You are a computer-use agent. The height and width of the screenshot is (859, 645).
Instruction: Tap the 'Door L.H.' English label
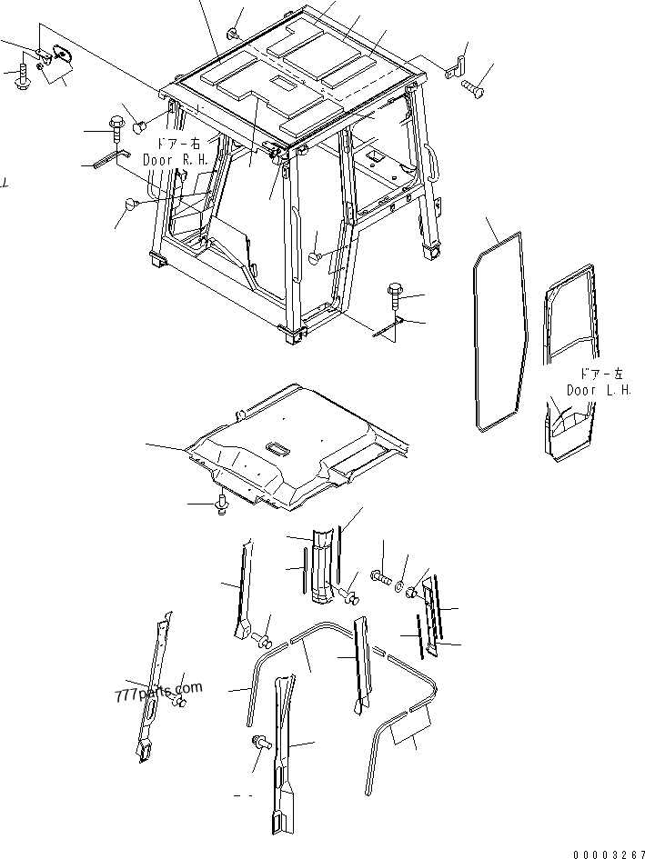pyautogui.click(x=599, y=390)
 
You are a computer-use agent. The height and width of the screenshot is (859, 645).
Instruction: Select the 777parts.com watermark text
pyautogui.click(x=158, y=692)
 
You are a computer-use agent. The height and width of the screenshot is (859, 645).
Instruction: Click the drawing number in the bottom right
pyautogui.click(x=609, y=854)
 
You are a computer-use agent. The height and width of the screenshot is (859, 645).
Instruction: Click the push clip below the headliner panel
pyautogui.click(x=222, y=504)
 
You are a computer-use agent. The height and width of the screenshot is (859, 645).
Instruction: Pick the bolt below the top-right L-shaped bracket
pyautogui.click(x=473, y=87)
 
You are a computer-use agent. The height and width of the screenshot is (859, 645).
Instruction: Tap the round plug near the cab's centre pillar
pyautogui.click(x=315, y=255)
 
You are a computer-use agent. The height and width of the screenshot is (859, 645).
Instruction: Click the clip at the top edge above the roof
pyautogui.click(x=234, y=34)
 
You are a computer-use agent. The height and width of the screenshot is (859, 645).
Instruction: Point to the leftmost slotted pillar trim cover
pyautogui.click(x=153, y=686)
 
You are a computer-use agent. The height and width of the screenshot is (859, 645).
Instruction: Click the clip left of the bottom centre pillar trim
pyautogui.click(x=259, y=743)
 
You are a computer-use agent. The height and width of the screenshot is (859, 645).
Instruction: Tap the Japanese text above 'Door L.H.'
pyautogui.click(x=601, y=375)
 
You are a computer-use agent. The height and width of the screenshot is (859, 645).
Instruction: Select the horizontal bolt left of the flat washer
pyautogui.click(x=381, y=576)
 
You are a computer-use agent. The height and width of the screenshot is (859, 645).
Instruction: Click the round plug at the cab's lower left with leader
pyautogui.click(x=131, y=204)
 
